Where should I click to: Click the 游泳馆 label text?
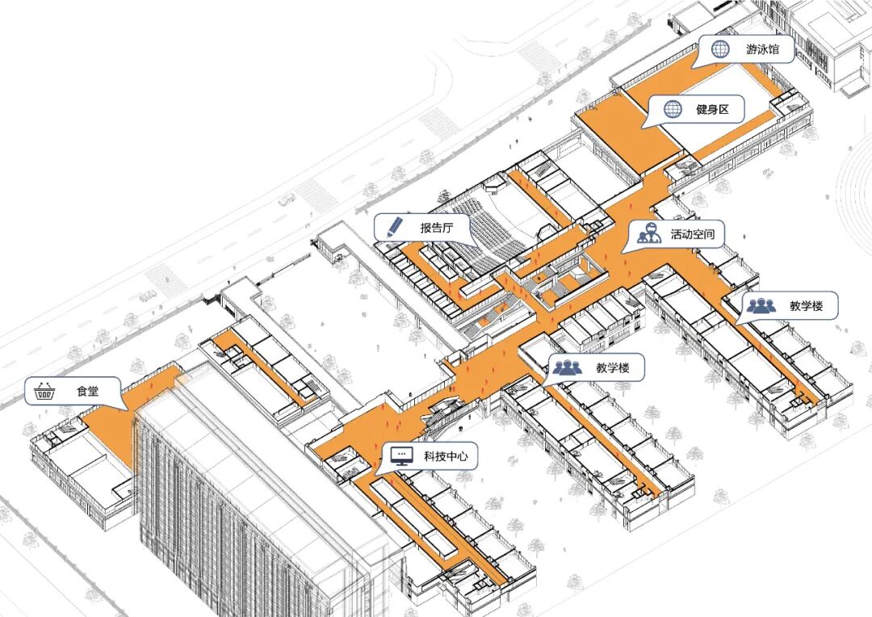click(x=763, y=49)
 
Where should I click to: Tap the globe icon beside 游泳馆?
click(x=720, y=49)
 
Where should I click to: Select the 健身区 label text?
click(x=712, y=109)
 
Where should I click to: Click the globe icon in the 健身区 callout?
click(x=672, y=109)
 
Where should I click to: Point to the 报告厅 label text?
click(x=437, y=228)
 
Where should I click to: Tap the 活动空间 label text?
click(x=692, y=234)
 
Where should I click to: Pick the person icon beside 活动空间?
click(x=646, y=233)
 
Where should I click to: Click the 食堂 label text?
click(x=88, y=392)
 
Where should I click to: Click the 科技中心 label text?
click(x=445, y=457)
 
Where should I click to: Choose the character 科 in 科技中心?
click(x=430, y=457)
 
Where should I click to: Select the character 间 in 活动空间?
click(x=708, y=234)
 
